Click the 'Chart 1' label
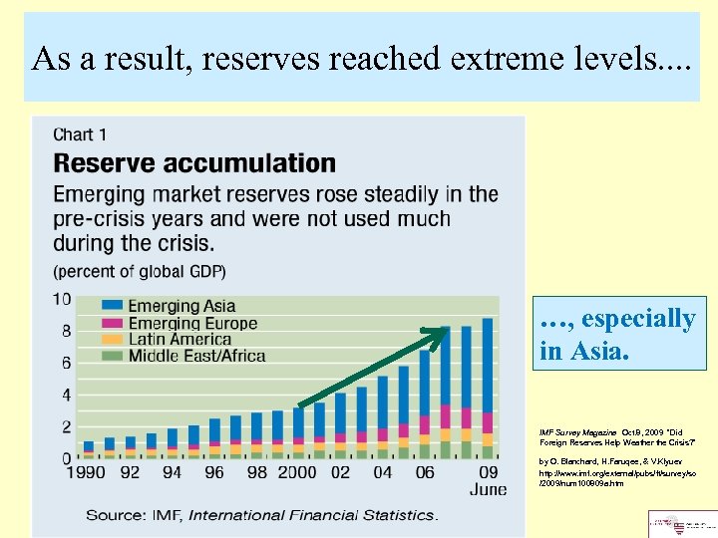[x=81, y=134]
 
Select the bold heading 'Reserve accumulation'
[x=194, y=162]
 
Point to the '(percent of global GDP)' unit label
[x=140, y=271]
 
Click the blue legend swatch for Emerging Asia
[x=91, y=307]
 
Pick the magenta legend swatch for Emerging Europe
[x=91, y=323]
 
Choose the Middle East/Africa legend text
[x=189, y=355]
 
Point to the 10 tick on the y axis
[x=61, y=300]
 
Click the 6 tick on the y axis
[x=65, y=364]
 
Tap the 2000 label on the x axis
[x=298, y=473]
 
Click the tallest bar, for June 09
[x=487, y=389]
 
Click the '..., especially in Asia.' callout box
[x=616, y=333]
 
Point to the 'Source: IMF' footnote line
[x=261, y=514]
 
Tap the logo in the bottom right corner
[x=682, y=524]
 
